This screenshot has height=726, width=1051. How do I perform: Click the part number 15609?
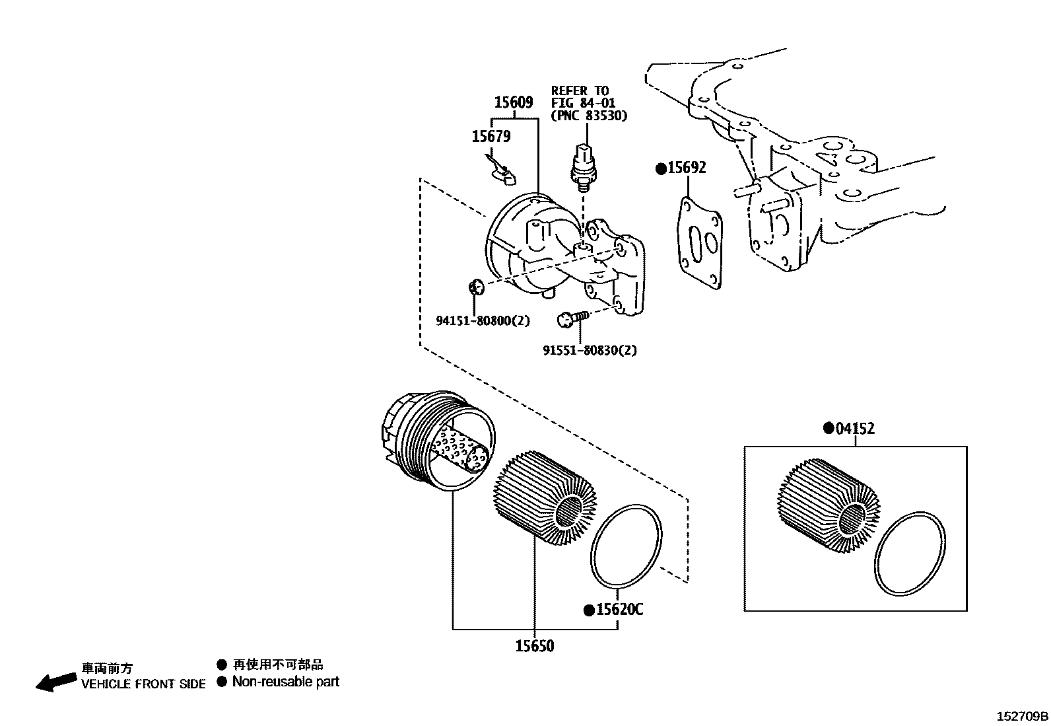click(x=514, y=102)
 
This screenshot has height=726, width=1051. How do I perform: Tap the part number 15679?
click(x=491, y=136)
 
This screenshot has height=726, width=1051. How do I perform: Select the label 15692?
click(x=687, y=168)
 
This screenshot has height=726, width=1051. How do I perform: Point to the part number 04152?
click(x=855, y=429)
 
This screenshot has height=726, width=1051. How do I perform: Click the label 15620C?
click(x=619, y=609)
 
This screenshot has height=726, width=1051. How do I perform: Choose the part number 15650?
click(x=534, y=645)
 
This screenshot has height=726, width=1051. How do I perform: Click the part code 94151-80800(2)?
click(x=483, y=321)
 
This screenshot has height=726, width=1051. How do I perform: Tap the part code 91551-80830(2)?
click(x=590, y=350)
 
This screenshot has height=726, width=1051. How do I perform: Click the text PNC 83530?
click(x=589, y=115)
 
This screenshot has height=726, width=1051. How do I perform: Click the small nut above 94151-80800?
click(x=475, y=287)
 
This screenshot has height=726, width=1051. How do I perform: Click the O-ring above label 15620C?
click(x=625, y=546)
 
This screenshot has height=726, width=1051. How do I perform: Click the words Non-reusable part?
click(x=285, y=682)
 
